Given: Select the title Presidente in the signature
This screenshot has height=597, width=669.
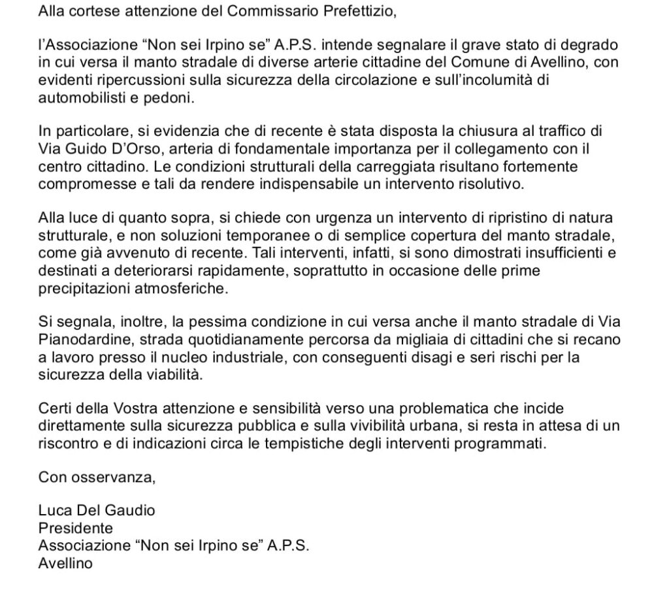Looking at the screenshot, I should click(76, 527).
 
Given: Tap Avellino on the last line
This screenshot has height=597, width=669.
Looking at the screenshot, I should click(65, 562).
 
